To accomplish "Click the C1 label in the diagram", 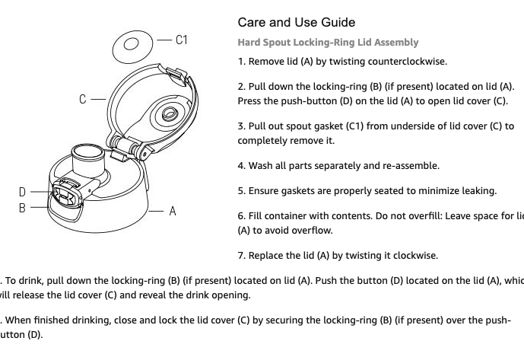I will pos(181,40).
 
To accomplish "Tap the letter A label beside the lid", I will pos(173,212).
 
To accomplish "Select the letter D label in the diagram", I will pos(23,192).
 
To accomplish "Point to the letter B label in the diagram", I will pos(23,207).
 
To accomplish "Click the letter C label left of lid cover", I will pos(83,98).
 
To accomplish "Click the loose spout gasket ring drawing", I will pos(132,47).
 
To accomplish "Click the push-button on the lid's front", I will pos(65,187).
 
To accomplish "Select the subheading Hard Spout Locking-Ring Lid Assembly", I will pos(328,43).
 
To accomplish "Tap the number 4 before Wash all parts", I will pos(240,166).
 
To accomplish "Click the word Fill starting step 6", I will pos(257,216).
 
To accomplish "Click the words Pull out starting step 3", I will pos(264,126).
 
